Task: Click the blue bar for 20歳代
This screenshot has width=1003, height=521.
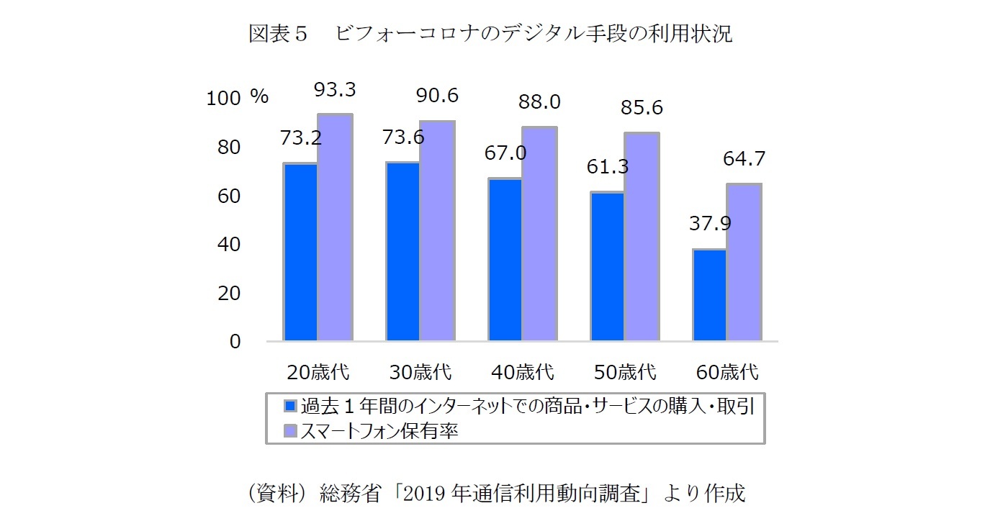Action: click(x=301, y=252)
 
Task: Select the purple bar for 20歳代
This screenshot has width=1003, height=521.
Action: click(x=335, y=227)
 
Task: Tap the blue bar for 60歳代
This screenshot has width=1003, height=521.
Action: click(x=709, y=295)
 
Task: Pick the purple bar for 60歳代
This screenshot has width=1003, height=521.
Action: click(x=743, y=262)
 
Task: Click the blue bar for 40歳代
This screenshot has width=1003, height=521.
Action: click(x=505, y=259)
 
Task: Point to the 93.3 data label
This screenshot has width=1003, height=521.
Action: click(x=335, y=91)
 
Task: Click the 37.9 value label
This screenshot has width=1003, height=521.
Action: click(x=710, y=224)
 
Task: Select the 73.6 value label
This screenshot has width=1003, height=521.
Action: click(x=404, y=137)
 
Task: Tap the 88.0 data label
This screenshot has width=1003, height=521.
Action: click(x=539, y=102)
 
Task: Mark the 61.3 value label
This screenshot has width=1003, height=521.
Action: click(x=607, y=167)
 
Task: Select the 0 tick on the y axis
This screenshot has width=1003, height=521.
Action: click(x=235, y=342)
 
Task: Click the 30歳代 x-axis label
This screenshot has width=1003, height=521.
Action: click(x=420, y=373)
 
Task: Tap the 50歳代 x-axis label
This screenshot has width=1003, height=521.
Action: click(x=625, y=373)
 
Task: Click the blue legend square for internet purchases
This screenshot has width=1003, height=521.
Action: click(x=290, y=406)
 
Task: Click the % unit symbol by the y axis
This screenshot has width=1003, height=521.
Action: click(x=259, y=97)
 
